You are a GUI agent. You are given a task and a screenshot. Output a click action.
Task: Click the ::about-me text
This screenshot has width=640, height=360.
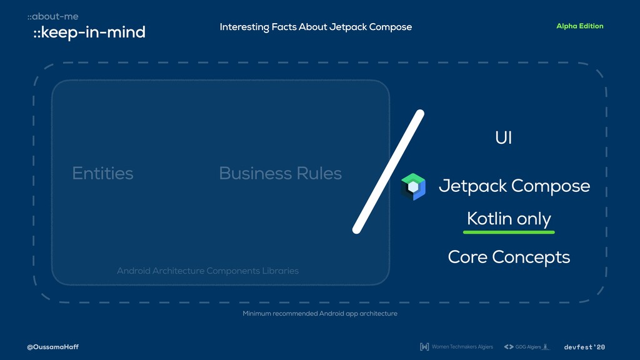pos(52,16)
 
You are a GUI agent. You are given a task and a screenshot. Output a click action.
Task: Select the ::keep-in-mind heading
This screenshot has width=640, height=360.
pos(89,32)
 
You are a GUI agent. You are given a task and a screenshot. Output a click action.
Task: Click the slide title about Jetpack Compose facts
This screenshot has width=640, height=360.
pos(316,27)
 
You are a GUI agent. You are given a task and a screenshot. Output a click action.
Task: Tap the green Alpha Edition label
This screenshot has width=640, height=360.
pos(579,26)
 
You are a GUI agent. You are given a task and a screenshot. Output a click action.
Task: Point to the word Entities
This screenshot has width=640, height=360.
pos(102,173)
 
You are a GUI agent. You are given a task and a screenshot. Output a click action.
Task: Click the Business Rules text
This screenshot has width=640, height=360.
pos(280,173)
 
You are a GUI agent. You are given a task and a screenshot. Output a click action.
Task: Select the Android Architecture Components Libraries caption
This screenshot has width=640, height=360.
pos(207,271)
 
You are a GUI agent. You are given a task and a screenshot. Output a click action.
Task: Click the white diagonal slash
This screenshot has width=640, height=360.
pos(389,172)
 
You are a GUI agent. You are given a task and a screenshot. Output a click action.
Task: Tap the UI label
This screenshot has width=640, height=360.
pos(503,138)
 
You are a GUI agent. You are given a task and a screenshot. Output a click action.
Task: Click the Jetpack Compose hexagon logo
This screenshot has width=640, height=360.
pos(413,186)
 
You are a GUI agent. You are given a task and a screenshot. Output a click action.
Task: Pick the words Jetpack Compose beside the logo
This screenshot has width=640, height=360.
pos(514,186)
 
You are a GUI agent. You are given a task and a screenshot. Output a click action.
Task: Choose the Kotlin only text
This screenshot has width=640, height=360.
pos(509,219)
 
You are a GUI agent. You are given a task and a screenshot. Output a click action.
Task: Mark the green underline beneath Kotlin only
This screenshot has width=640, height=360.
pos(509,232)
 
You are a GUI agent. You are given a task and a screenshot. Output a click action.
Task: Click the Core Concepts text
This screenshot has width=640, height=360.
pos(509,257)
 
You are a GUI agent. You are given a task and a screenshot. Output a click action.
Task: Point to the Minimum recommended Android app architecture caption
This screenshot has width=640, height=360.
pos(319,313)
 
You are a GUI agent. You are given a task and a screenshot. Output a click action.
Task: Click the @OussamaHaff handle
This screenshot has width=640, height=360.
pos(53,347)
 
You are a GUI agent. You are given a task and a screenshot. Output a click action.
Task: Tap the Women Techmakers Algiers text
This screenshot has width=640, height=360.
pos(462,347)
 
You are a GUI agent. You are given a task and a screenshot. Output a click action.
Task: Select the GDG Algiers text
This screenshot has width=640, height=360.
pos(528,347)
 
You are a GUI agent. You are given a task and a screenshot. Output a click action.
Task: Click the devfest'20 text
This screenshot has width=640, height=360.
pos(584,347)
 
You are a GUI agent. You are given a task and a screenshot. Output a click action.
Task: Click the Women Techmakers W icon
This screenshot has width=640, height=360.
pos(424,347)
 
